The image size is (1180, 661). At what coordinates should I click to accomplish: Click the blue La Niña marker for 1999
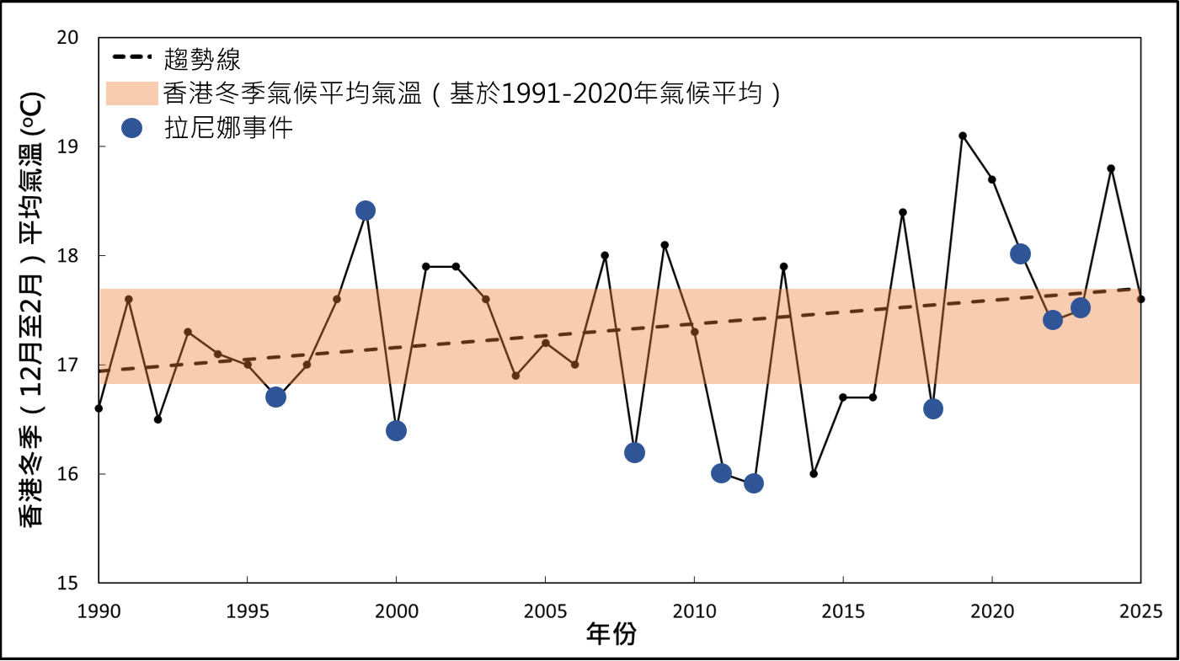pyautogui.click(x=365, y=211)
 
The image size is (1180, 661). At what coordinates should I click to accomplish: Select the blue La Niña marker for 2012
pyautogui.click(x=754, y=483)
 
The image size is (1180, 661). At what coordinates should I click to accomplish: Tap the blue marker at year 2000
pyautogui.click(x=396, y=430)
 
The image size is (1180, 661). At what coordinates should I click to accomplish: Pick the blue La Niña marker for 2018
pyautogui.click(x=932, y=408)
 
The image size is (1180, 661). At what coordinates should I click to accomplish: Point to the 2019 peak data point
pyautogui.click(x=962, y=136)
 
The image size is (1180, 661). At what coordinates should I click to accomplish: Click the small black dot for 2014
pyautogui.click(x=814, y=473)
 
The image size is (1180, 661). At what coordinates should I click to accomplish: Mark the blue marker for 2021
pyautogui.click(x=1021, y=253)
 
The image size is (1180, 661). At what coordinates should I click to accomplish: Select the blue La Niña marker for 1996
pyautogui.click(x=275, y=397)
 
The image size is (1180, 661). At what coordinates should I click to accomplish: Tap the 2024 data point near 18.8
pyautogui.click(x=1111, y=168)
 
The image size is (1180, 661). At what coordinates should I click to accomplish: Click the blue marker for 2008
pyautogui.click(x=634, y=452)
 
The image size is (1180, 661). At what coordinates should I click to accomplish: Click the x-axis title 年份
pyautogui.click(x=611, y=635)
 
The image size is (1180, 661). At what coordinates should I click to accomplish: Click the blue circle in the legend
pyautogui.click(x=132, y=128)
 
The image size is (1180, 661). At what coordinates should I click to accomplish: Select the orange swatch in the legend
pyautogui.click(x=131, y=93)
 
